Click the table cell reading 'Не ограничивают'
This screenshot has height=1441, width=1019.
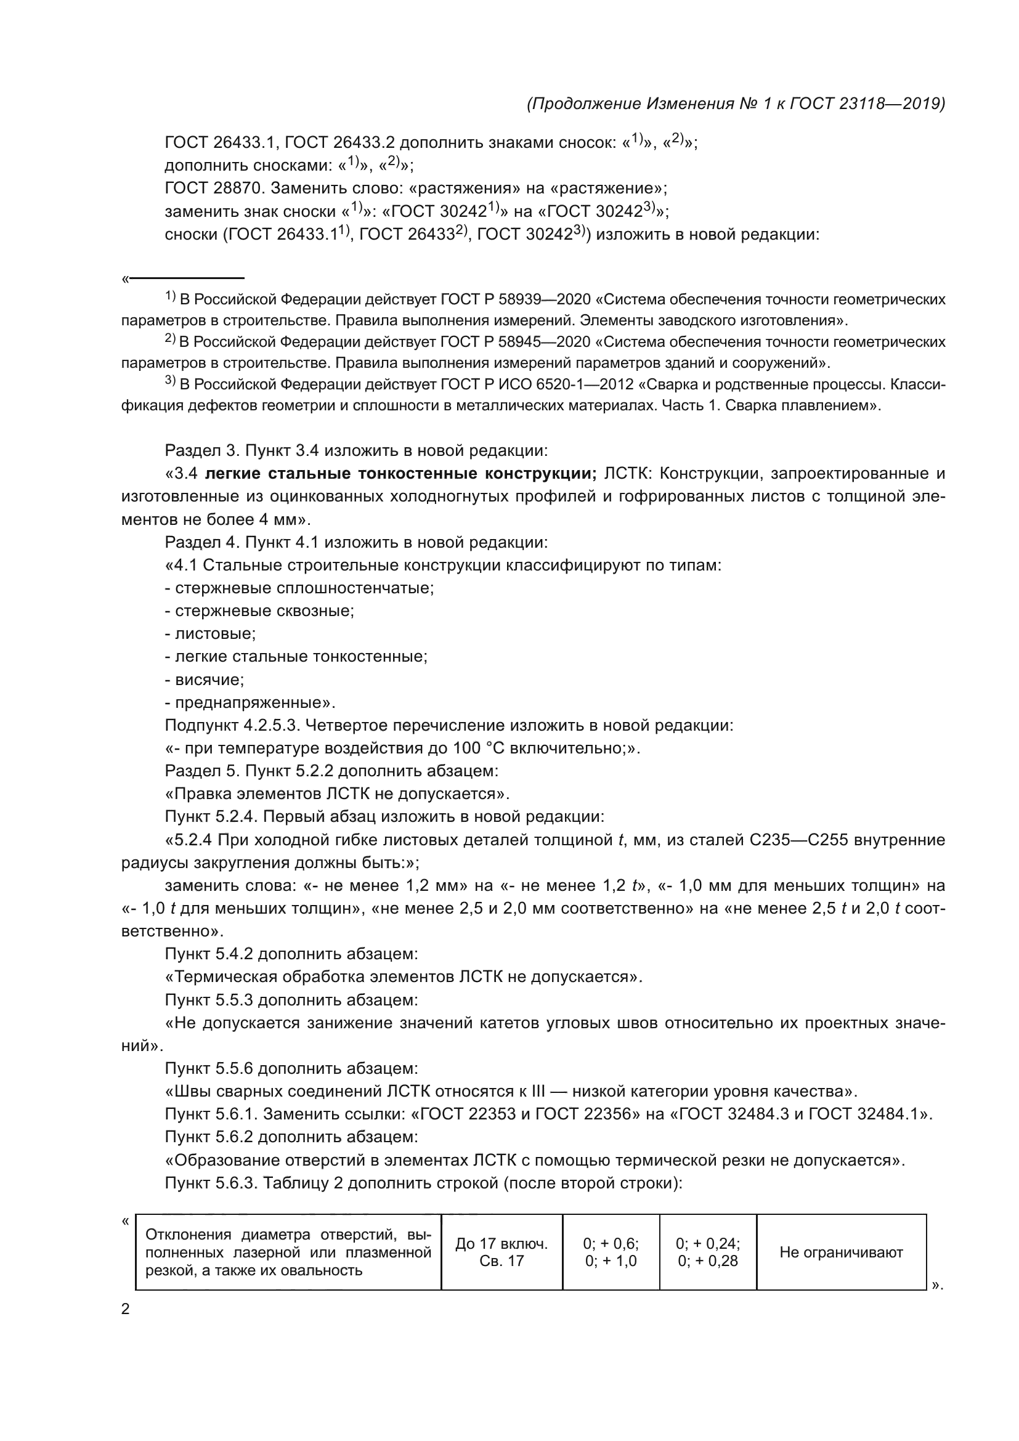(841, 1252)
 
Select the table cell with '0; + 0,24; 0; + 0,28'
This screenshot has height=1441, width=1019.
(707, 1252)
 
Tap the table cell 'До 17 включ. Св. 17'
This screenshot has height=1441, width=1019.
(501, 1252)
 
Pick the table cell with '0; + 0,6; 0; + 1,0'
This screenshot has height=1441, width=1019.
(611, 1252)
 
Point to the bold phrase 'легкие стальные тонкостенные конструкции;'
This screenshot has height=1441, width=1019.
(400, 473)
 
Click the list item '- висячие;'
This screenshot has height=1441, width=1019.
(205, 680)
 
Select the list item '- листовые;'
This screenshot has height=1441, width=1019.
(210, 634)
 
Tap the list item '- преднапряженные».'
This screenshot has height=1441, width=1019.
(250, 702)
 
